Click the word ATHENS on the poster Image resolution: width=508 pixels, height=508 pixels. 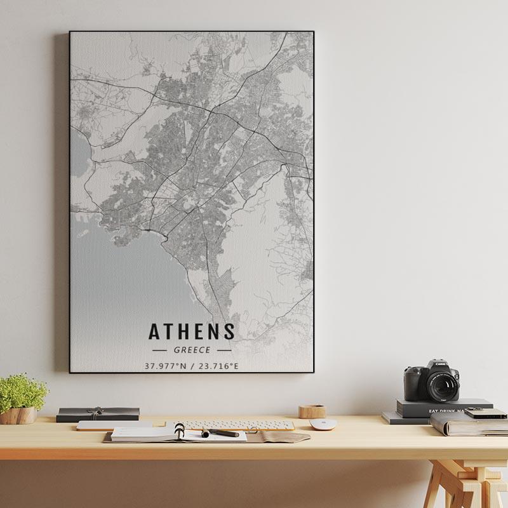(192, 331)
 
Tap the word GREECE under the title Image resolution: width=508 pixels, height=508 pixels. (192, 350)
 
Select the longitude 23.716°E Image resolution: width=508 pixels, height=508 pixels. (218, 366)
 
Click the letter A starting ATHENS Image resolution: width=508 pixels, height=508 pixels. (154, 331)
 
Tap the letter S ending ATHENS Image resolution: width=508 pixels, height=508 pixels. (229, 331)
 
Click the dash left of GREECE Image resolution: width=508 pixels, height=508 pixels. (159, 350)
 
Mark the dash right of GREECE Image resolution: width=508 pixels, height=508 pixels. (224, 350)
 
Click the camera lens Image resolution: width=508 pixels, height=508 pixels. (442, 385)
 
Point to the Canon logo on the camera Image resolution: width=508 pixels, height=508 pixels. (441, 364)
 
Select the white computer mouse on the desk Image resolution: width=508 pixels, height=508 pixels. (322, 424)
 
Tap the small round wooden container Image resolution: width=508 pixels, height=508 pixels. (312, 411)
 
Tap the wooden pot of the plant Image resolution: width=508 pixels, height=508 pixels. (18, 415)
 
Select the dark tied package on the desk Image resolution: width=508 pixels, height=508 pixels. (97, 414)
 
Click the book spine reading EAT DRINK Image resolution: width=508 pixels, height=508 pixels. (444, 411)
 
